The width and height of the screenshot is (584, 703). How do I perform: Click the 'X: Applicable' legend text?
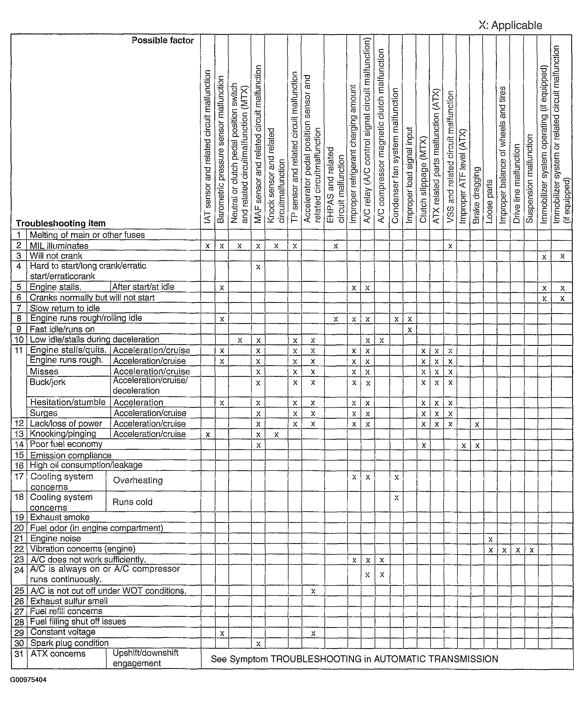pos(510,25)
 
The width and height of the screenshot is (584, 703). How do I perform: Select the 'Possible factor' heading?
pos(163,40)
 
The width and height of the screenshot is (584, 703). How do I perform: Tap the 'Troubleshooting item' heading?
pos(61,223)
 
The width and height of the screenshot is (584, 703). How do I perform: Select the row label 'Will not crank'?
pos(56,256)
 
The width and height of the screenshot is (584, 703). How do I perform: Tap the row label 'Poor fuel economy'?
pos(66,444)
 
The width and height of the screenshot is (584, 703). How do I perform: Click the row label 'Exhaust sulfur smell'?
pos(69,601)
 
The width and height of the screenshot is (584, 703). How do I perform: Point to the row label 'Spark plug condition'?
pos(69,643)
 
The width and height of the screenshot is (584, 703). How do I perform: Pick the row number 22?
pos(19,549)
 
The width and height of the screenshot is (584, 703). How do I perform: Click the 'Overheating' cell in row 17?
pos(138,480)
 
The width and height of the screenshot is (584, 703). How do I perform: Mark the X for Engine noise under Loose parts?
pos(490,539)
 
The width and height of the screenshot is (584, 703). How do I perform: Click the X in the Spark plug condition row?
pos(258,643)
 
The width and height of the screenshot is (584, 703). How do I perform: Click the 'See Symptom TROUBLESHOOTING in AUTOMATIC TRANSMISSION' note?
pos(354,659)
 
